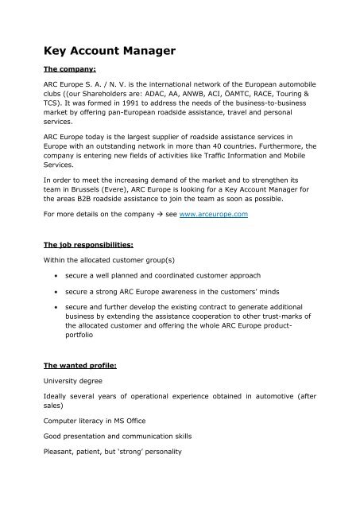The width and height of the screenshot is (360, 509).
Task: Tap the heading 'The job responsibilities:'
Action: click(100, 261)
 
